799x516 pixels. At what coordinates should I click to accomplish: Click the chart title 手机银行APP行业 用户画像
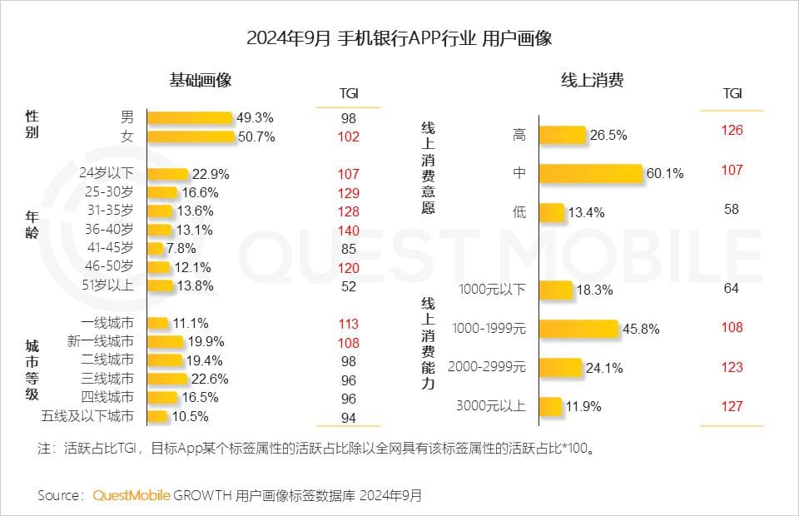click(x=399, y=39)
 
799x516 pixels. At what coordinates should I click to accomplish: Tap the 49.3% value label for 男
click(x=255, y=117)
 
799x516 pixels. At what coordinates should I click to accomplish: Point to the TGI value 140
click(x=349, y=230)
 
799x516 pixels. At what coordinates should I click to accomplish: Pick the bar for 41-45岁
click(x=156, y=248)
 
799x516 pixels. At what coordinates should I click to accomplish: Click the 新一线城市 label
click(x=100, y=341)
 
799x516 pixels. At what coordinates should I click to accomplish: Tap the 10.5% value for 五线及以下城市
click(x=190, y=416)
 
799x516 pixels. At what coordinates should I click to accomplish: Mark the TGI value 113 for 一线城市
click(x=349, y=324)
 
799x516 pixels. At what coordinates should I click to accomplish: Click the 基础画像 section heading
click(x=200, y=80)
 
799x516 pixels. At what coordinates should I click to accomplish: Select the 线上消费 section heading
click(x=592, y=80)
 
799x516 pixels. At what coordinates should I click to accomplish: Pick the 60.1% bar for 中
click(x=591, y=173)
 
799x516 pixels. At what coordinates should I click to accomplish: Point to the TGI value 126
click(x=732, y=130)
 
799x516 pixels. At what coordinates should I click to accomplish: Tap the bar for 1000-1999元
click(x=579, y=328)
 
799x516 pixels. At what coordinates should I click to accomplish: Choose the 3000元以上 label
click(x=491, y=406)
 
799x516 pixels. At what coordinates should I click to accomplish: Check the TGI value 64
click(x=732, y=289)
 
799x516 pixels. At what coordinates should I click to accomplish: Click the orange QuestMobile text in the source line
click(x=132, y=495)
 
